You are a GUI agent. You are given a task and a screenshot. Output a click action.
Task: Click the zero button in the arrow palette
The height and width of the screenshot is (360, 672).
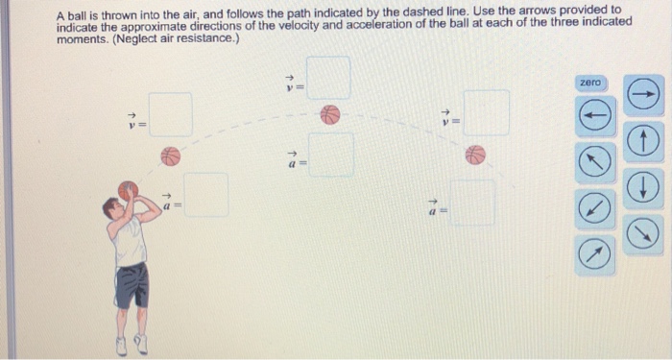[x=592, y=84]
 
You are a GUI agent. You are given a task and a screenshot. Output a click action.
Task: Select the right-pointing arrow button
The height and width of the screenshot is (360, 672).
[x=643, y=94]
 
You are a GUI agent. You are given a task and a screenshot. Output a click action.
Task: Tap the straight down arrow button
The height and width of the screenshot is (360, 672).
[x=643, y=187]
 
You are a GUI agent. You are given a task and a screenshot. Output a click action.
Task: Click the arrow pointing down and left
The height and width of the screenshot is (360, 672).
[x=595, y=208]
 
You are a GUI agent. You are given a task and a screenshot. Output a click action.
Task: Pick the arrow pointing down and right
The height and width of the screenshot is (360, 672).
[x=643, y=232]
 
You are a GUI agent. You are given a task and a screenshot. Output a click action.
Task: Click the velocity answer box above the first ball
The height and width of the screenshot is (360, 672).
[x=171, y=114]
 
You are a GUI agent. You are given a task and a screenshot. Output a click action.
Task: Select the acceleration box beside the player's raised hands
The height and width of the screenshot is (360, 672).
[x=206, y=195]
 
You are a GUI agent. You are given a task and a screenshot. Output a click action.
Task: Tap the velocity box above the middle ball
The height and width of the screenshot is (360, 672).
[x=328, y=78]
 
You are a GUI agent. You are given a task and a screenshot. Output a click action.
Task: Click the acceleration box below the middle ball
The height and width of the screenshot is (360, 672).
[x=332, y=156]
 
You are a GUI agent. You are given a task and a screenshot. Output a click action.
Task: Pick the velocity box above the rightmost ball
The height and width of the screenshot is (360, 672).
[x=487, y=112]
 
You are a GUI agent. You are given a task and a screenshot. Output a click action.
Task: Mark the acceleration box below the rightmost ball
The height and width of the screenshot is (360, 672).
[x=473, y=203]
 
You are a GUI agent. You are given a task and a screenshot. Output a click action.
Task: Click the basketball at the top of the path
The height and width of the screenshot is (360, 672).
[x=330, y=115]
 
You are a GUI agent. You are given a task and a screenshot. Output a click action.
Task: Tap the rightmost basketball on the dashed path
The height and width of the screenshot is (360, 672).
[x=475, y=155]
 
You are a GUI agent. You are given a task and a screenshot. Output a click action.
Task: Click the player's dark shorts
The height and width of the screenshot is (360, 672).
[x=132, y=285]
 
